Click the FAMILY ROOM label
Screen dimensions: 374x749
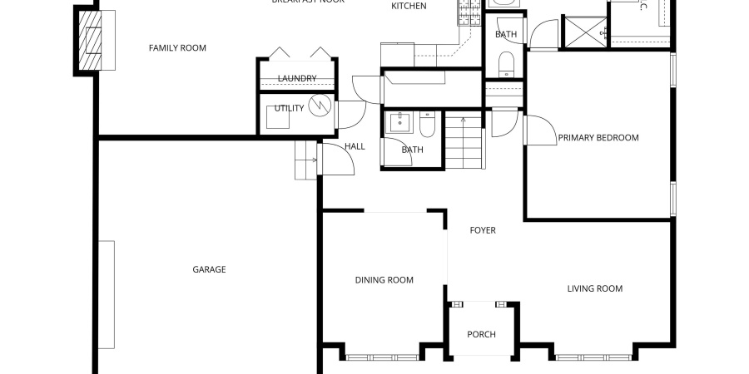177,48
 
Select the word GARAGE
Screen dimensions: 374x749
209,269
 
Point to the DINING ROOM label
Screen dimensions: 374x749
384,280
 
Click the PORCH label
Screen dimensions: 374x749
481,335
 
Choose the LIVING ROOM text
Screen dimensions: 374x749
594,289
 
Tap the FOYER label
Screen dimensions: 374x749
483,230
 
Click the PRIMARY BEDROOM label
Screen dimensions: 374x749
598,138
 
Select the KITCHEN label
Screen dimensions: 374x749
409,7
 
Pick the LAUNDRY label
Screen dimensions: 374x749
297,79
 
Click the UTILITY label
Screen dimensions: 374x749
290,108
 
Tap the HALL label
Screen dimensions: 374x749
355,147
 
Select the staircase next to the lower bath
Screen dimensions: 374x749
464,141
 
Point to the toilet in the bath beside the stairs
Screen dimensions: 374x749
426,125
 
